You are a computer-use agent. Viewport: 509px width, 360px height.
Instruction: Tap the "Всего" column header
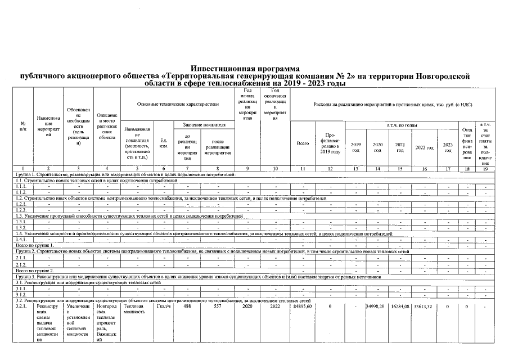coord(303,143)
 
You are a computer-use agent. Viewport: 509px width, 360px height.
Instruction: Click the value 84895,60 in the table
coord(303,307)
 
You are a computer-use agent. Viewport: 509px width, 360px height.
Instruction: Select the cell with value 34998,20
coord(377,307)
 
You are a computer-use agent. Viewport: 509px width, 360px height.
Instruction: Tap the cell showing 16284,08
coord(400,307)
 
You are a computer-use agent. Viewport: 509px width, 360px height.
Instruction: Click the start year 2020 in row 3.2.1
coord(247,307)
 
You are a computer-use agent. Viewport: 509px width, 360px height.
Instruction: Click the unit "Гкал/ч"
coord(164,307)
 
